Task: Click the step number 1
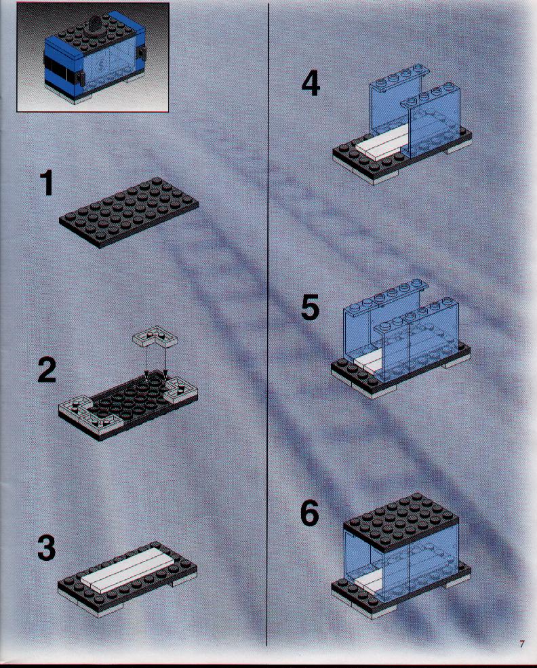[x=47, y=183]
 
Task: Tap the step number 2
[x=46, y=370]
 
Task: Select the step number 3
[x=46, y=548]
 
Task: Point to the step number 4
[x=311, y=84]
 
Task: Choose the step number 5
[x=310, y=307]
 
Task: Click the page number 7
[x=521, y=644]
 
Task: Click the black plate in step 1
[x=129, y=212]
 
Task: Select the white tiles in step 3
[x=127, y=569]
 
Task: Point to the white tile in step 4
[x=380, y=142]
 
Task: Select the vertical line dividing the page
[x=268, y=323]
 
